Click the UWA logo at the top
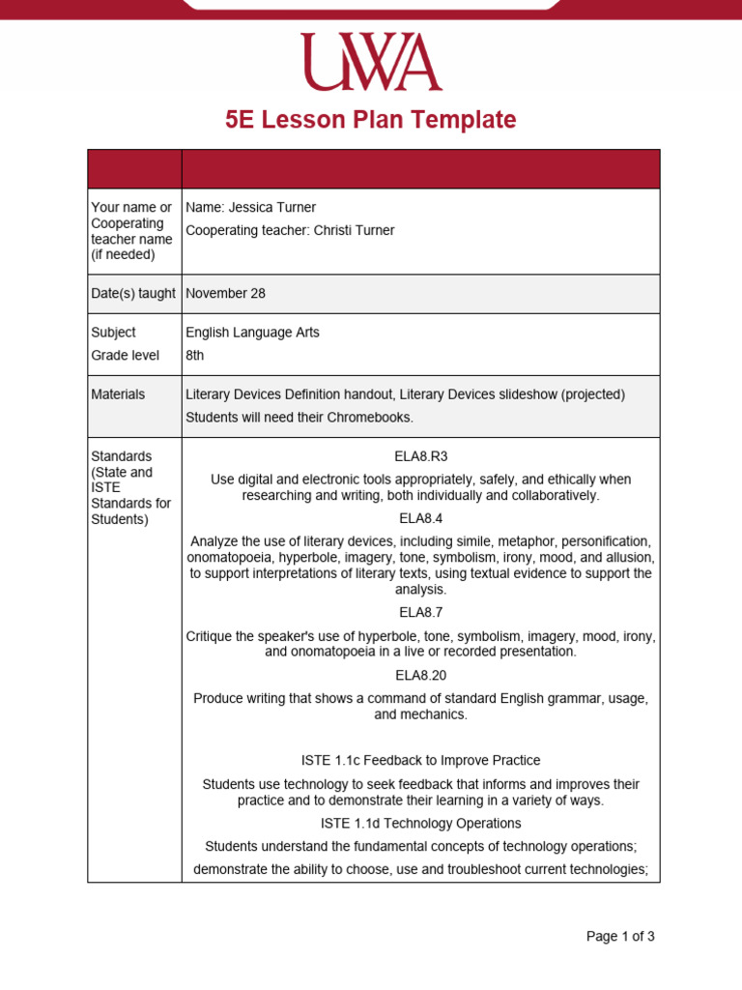[371, 62]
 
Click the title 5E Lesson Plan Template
[371, 120]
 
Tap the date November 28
[225, 293]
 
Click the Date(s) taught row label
[133, 293]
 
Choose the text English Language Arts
[252, 332]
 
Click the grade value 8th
[195, 355]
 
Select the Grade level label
[125, 355]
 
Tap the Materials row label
[118, 393]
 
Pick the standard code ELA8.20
[422, 675]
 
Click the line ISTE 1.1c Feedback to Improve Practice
[421, 760]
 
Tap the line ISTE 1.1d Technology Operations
[421, 823]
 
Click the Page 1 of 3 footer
[620, 936]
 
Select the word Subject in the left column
[113, 332]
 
